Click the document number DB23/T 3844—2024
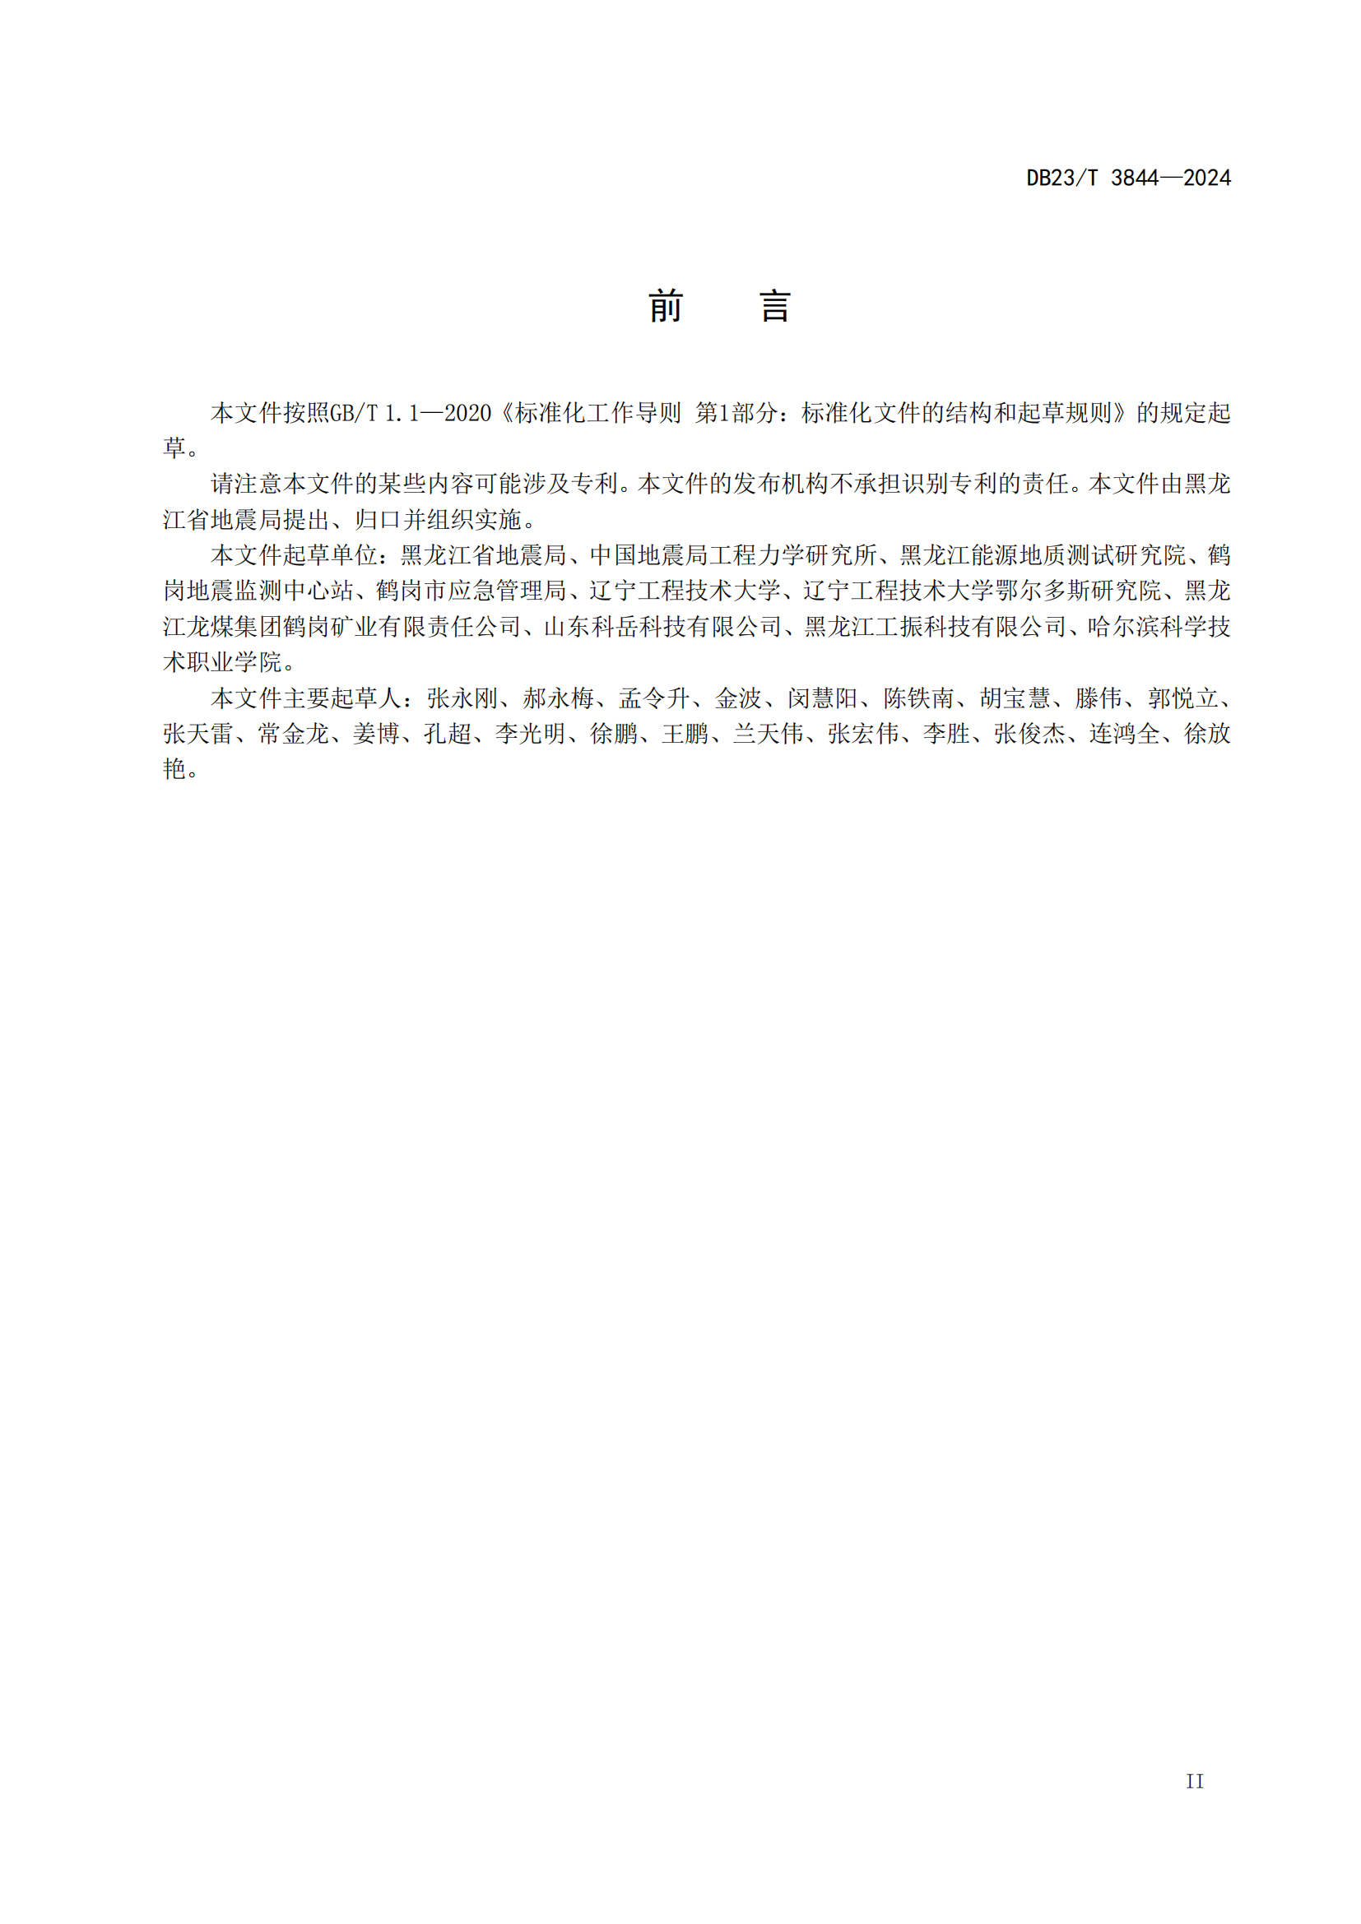click(1128, 178)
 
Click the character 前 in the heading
click(666, 307)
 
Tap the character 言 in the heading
click(775, 307)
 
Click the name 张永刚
click(462, 698)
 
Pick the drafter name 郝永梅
click(558, 698)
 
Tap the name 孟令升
click(654, 698)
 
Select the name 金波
click(738, 698)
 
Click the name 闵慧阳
click(822, 698)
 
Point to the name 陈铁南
click(918, 698)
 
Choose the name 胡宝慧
click(1015, 698)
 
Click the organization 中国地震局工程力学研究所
click(733, 554)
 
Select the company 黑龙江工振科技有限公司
click(935, 627)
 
